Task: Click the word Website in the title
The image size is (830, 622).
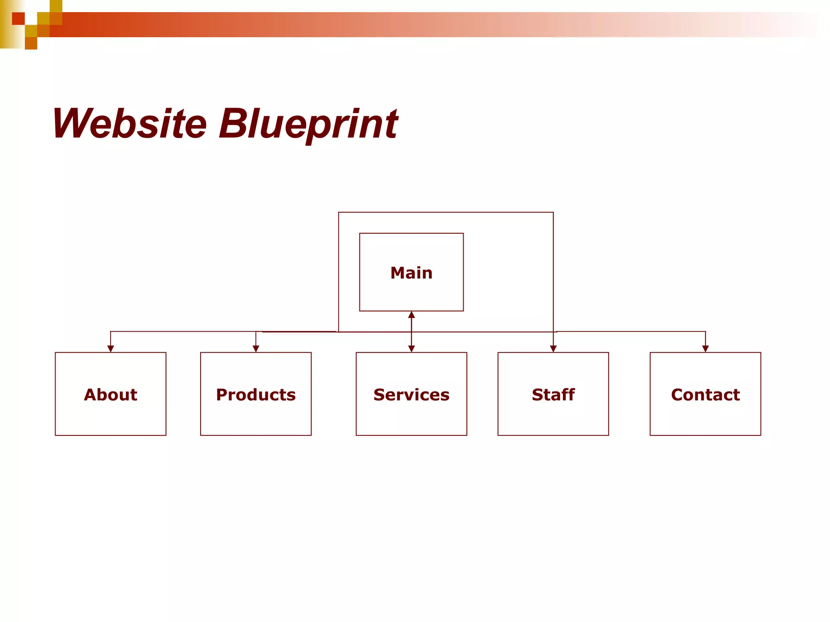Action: tap(130, 124)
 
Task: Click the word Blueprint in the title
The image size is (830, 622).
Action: tap(309, 124)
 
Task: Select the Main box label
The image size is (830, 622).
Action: tap(411, 273)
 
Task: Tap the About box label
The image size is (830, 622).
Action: tap(110, 395)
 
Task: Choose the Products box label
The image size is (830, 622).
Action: tap(256, 395)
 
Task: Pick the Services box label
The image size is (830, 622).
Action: tap(411, 395)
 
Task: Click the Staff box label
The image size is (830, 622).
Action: tap(553, 395)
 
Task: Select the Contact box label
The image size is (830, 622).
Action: tap(705, 395)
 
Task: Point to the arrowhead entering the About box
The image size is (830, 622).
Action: tap(111, 349)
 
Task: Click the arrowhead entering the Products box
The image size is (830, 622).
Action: tap(256, 349)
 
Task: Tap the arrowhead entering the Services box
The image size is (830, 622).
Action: tap(411, 349)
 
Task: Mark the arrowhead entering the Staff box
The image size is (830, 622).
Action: tap(553, 349)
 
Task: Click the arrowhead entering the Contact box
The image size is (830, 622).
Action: tap(705, 349)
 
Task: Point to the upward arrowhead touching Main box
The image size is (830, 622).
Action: tap(411, 315)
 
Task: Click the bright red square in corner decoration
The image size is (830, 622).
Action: tap(18, 19)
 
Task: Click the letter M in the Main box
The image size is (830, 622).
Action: tap(398, 273)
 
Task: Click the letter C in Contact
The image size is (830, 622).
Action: tap(678, 395)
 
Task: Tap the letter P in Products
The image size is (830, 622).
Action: tap(222, 395)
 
